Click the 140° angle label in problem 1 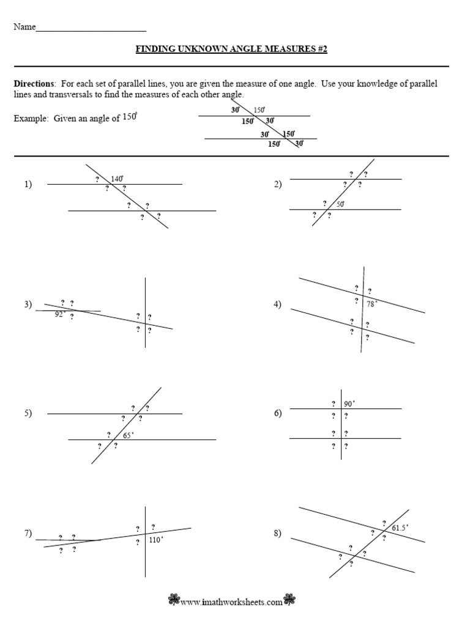[117, 179]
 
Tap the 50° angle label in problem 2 [340, 204]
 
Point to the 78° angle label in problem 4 [372, 303]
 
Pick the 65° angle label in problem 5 [128, 435]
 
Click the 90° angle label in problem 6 [349, 403]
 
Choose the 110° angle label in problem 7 [155, 540]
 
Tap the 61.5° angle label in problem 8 [400, 527]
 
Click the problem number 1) [28, 184]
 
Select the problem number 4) [277, 305]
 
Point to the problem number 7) [28, 534]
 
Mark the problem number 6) [277, 414]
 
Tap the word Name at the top [24, 28]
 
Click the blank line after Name [91, 29]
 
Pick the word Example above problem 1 [30, 119]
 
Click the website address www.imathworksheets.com [231, 602]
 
